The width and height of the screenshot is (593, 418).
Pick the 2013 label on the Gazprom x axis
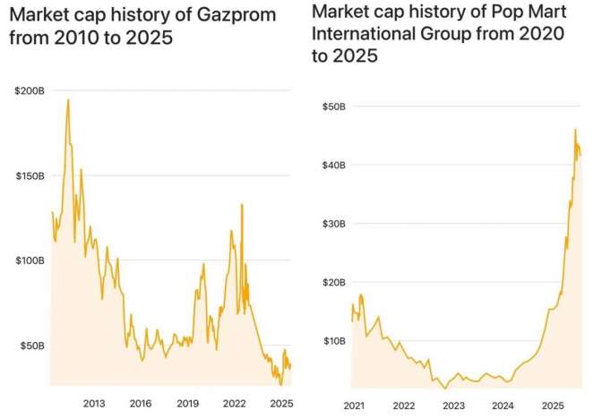[x=94, y=403]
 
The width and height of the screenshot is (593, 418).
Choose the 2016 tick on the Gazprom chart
[x=141, y=403]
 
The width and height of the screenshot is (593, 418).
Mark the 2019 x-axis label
[x=187, y=403]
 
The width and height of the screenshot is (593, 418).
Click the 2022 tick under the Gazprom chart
[x=234, y=403]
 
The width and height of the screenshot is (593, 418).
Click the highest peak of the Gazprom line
[x=68, y=99]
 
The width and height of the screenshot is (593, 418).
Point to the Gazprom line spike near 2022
[x=241, y=205]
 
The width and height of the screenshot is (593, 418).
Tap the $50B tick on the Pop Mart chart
[x=334, y=107]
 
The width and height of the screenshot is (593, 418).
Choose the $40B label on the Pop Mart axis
[x=334, y=165]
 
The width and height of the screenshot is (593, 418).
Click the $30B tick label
[x=334, y=223]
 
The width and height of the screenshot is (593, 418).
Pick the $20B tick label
[x=334, y=282]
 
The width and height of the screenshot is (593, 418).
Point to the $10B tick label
[x=334, y=340]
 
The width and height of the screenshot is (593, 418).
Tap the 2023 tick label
[x=454, y=405]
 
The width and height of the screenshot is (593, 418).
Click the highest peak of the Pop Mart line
[x=575, y=130]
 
